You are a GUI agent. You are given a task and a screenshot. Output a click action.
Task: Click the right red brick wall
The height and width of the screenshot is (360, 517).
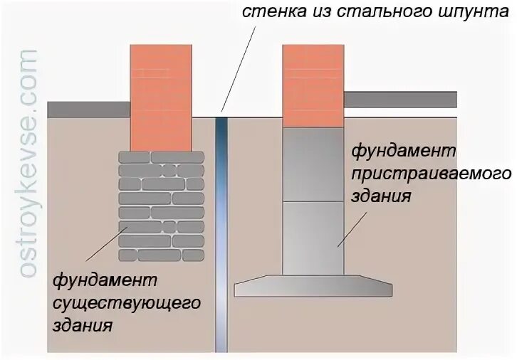313,85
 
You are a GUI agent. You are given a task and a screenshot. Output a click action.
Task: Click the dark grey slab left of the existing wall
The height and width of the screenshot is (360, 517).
88,109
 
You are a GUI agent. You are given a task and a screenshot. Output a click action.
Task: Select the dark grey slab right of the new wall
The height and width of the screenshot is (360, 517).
399,99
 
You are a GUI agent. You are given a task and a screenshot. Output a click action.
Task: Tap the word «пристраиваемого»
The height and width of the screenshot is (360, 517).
432,174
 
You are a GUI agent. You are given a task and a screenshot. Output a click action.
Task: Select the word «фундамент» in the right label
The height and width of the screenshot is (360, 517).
402,152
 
